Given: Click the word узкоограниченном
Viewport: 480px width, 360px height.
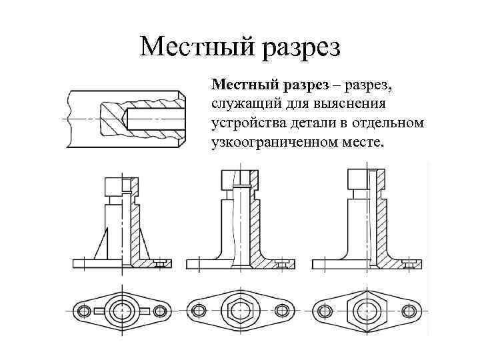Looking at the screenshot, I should click(270, 142).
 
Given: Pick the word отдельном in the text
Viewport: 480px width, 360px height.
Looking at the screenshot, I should click(391, 123).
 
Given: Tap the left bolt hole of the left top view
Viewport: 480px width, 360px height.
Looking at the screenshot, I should click(85, 311).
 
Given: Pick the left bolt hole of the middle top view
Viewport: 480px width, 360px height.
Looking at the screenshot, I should click(199, 311).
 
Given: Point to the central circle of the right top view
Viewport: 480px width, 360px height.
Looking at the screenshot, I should click(366, 311).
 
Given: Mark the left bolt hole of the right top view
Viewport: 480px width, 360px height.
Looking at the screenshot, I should click(327, 311).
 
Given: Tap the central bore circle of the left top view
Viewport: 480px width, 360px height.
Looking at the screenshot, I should click(122, 311).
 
